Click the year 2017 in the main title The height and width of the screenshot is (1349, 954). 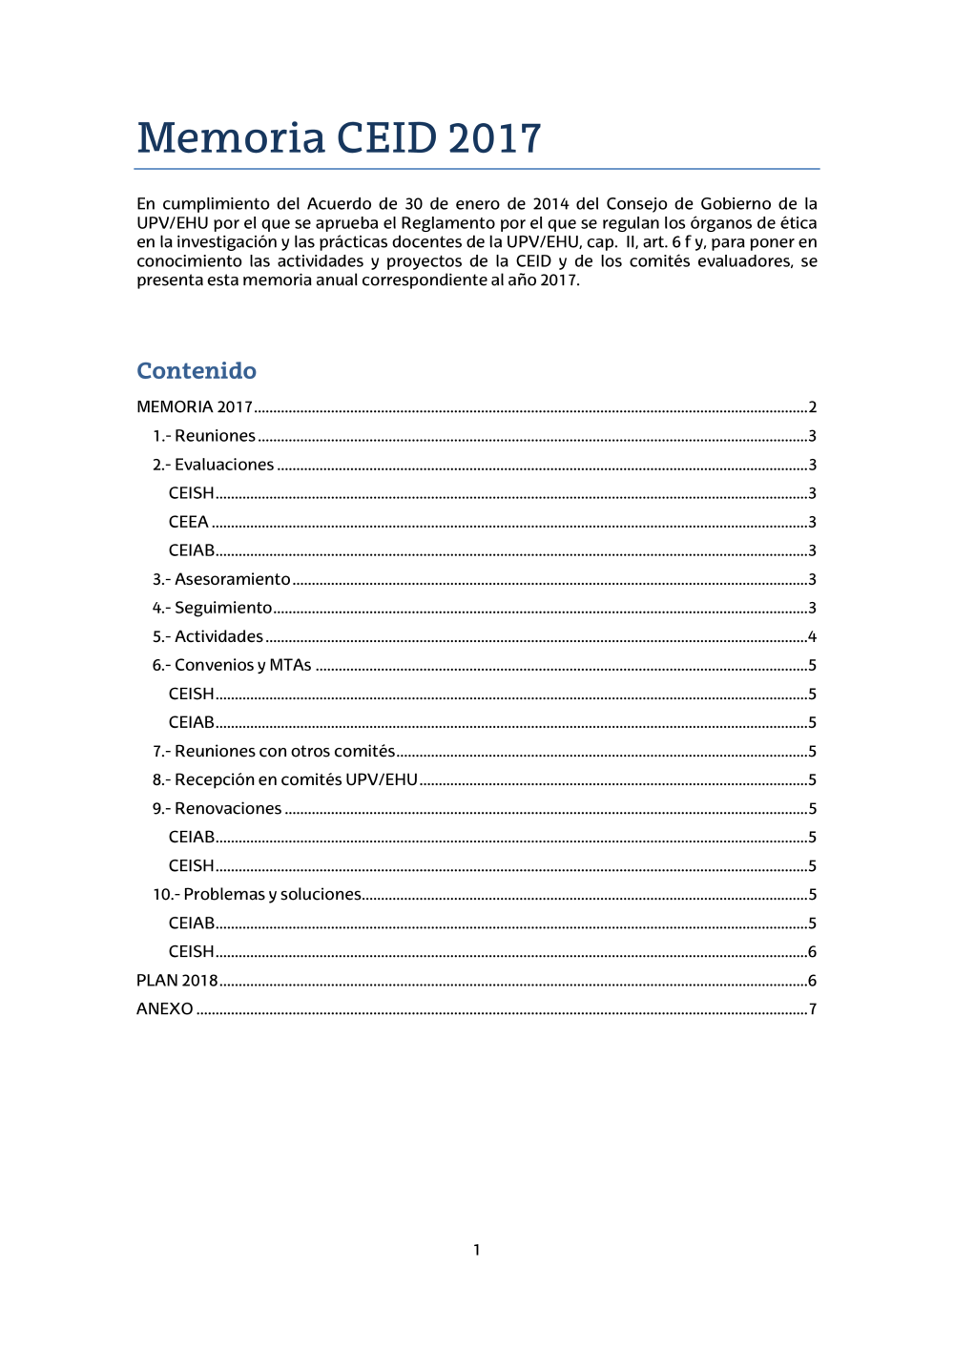pyautogui.click(x=494, y=138)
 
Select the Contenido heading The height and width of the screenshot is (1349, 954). pyautogui.click(x=197, y=370)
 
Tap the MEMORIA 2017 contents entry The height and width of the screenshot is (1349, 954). pyautogui.click(x=195, y=407)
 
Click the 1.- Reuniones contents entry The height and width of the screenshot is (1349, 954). pyautogui.click(x=204, y=436)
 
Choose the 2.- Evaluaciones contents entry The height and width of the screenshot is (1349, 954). pyautogui.click(x=213, y=465)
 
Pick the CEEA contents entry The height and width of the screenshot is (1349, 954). pyautogui.click(x=189, y=522)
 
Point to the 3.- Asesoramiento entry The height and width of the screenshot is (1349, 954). pyautogui.click(x=221, y=579)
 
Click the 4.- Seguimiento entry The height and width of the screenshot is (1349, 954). pyautogui.click(x=212, y=608)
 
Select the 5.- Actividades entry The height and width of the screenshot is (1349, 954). pyautogui.click(x=207, y=636)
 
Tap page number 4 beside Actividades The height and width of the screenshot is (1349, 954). pyautogui.click(x=812, y=636)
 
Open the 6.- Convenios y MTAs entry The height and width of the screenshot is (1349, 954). pyautogui.click(x=232, y=665)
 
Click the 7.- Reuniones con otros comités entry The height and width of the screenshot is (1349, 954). pyautogui.click(x=274, y=751)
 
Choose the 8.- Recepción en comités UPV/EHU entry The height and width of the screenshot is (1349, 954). pyautogui.click(x=285, y=779)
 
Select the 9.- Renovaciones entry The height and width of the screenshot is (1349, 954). pyautogui.click(x=217, y=808)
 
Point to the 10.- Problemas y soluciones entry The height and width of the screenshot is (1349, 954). pyautogui.click(x=257, y=894)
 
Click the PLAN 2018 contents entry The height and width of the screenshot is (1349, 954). pyautogui.click(x=177, y=980)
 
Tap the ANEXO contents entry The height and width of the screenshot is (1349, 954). pyautogui.click(x=165, y=1008)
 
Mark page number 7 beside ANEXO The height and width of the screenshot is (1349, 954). pyautogui.click(x=813, y=1008)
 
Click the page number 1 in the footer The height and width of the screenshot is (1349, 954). pyautogui.click(x=477, y=1250)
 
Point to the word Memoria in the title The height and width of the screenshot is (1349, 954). pyautogui.click(x=231, y=138)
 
